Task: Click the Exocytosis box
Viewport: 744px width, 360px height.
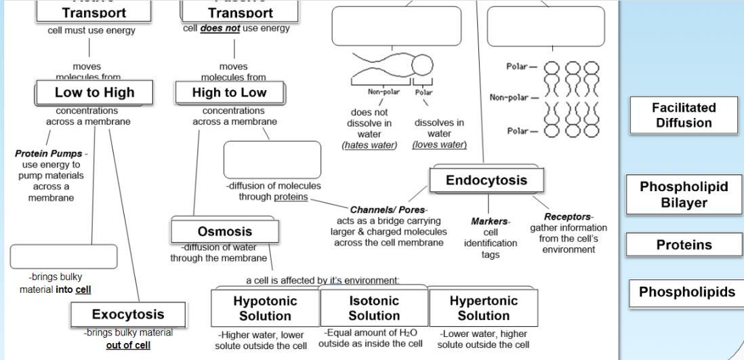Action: (128, 315)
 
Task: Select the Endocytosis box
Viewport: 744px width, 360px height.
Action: (486, 180)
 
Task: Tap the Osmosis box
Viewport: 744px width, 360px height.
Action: (224, 232)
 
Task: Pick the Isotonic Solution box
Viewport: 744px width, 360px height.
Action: (373, 308)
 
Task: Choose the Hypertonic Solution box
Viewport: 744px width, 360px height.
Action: (483, 308)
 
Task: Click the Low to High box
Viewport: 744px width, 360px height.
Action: (94, 92)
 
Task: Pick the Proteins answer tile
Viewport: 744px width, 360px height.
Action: (684, 245)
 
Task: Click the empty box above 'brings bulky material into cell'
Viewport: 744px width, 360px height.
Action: (64, 256)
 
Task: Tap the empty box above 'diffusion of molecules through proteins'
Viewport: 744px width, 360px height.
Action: (272, 159)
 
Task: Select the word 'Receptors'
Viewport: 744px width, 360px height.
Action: (569, 217)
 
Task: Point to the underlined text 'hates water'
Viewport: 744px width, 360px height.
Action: (369, 146)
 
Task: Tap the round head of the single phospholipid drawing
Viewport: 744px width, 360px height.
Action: (422, 66)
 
